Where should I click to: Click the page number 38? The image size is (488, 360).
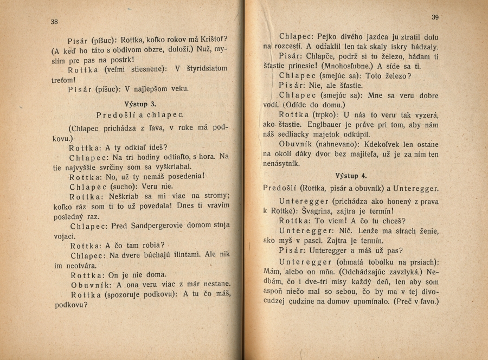pos(54,22)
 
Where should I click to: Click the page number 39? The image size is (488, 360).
pos(435,17)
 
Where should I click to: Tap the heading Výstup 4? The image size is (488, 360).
pos(351,176)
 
